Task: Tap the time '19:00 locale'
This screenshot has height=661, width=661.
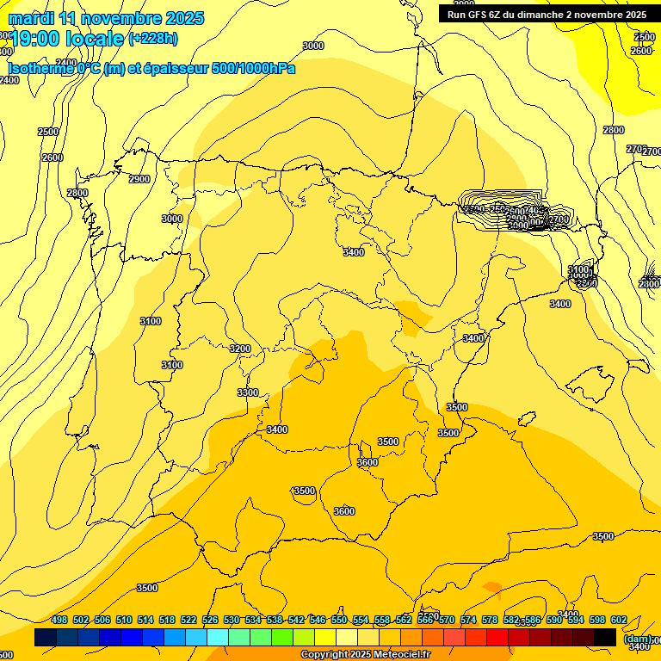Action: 66,38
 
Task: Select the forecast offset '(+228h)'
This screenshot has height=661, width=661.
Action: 153,38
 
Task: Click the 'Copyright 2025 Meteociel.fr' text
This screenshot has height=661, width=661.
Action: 365,655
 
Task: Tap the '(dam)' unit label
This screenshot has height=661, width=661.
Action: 637,639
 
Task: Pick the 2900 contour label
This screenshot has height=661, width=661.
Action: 139,179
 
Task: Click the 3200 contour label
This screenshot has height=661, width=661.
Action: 240,349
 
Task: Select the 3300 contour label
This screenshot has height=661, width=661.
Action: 248,392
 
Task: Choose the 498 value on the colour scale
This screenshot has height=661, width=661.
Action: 59,620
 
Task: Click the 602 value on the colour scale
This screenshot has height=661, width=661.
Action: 619,620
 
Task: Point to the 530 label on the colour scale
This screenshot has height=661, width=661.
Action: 232,620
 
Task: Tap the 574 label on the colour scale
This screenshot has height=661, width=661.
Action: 468,620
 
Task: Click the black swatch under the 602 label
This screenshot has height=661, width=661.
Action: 605,637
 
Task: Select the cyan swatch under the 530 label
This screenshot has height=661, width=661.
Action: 218,637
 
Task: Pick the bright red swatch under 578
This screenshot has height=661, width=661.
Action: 497,637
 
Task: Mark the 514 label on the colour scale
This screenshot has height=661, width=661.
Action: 145,620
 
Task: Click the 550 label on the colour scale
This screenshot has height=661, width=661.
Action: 339,620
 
